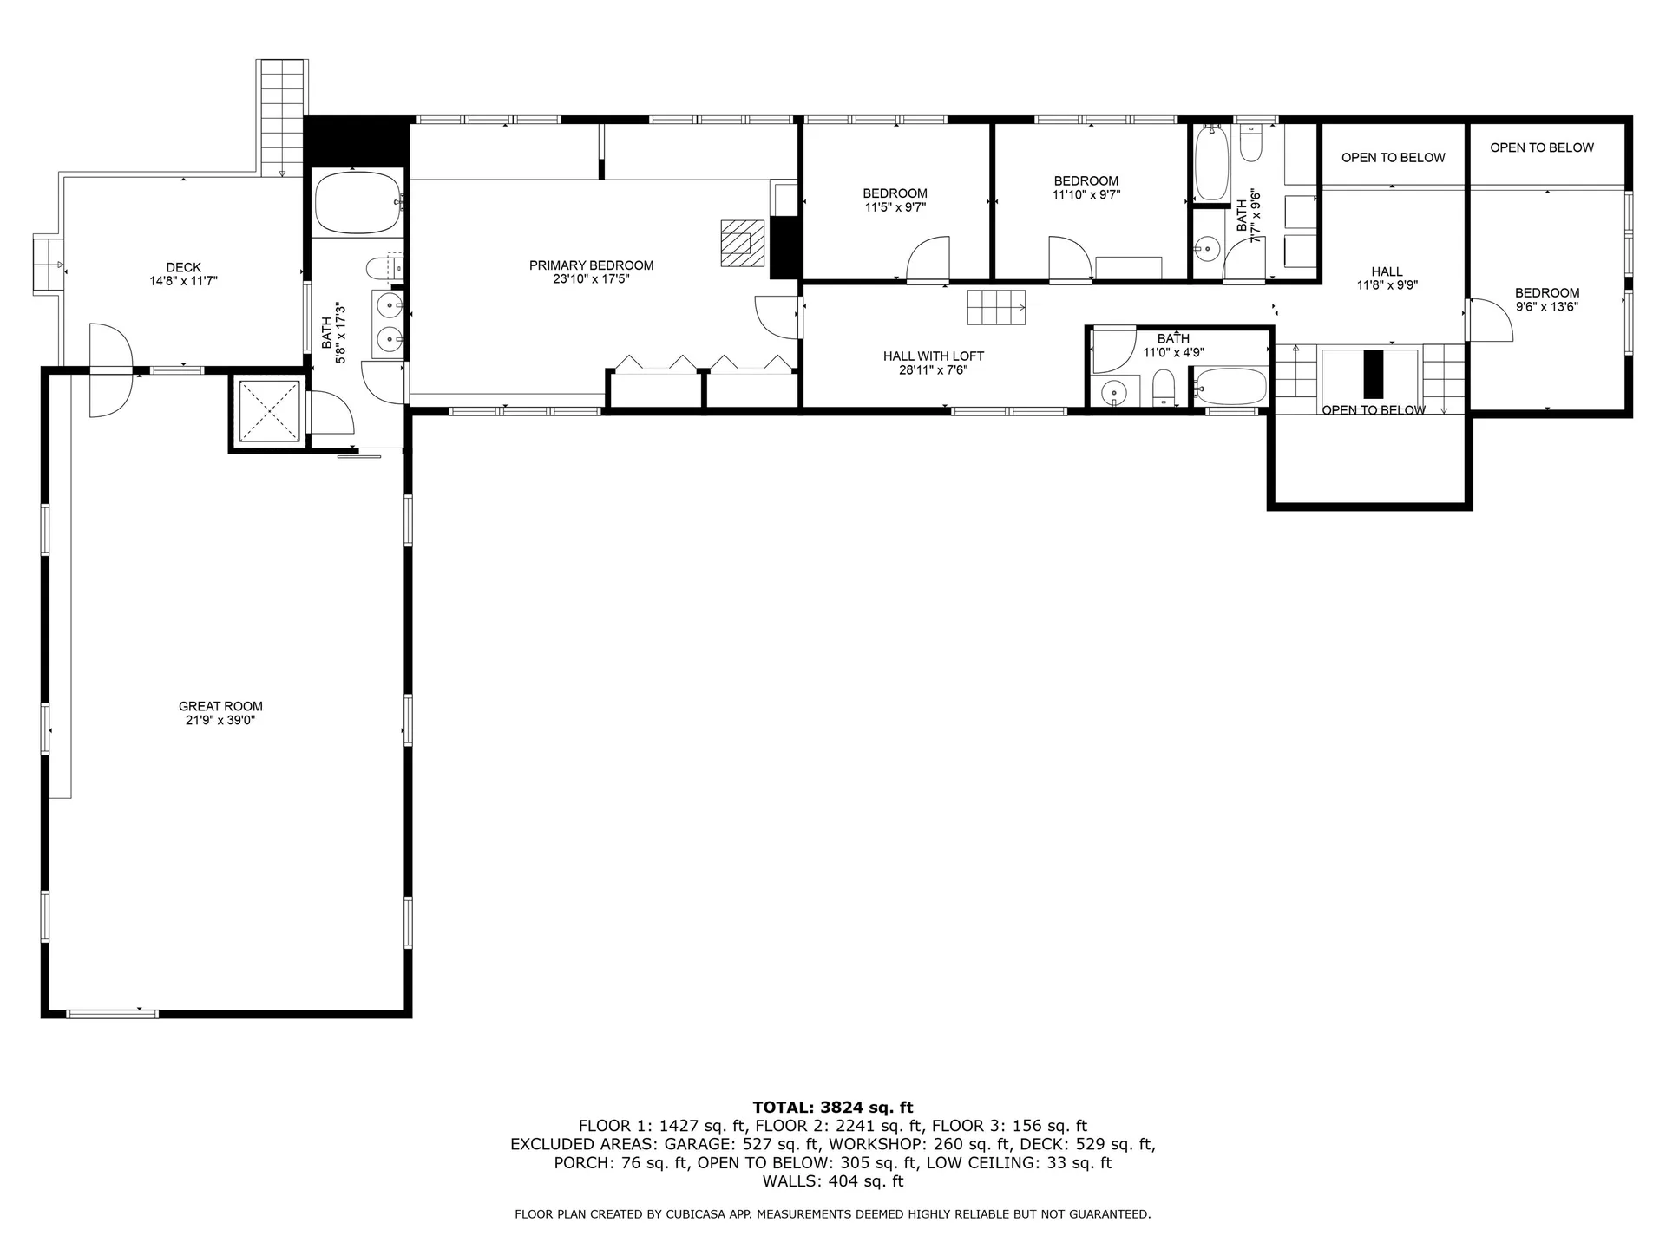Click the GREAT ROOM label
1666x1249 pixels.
click(220, 706)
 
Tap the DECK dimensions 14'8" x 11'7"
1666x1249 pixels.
click(183, 281)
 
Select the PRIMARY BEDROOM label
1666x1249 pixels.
click(591, 265)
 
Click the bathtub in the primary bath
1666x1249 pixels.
click(357, 203)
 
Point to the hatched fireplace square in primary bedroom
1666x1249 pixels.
click(742, 242)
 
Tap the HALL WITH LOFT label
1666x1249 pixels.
click(933, 356)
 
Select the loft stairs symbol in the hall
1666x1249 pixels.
click(996, 306)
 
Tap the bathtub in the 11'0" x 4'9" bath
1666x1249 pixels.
click(1230, 385)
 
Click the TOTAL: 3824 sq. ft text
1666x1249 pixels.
click(832, 1107)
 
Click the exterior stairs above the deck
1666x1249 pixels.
click(283, 117)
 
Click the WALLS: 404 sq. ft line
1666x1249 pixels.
click(832, 1181)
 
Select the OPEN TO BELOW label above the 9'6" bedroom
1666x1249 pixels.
click(1541, 147)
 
